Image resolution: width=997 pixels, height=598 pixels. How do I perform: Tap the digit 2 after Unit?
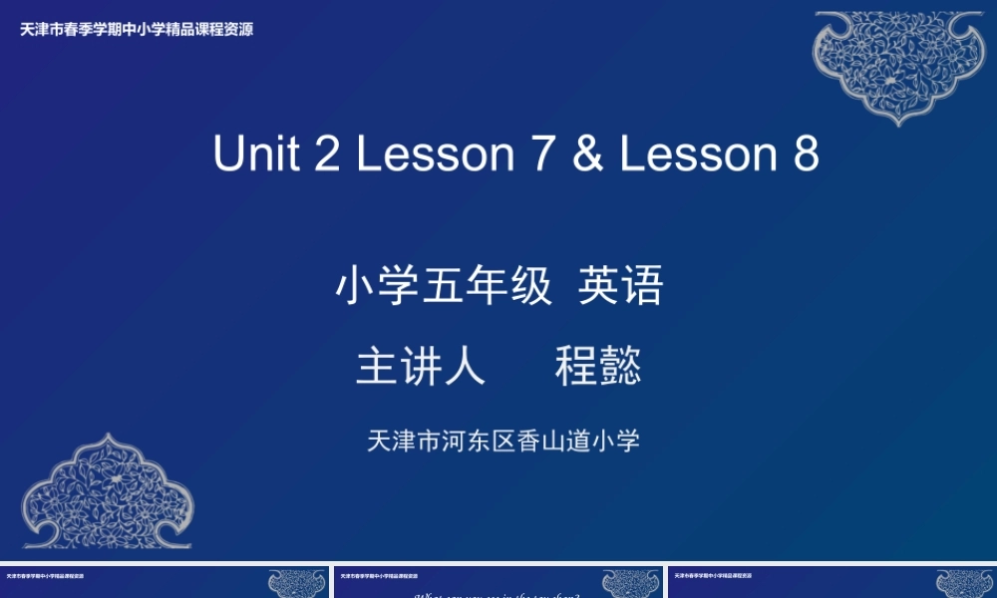point(328,154)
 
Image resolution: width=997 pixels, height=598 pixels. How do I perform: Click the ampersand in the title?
point(588,154)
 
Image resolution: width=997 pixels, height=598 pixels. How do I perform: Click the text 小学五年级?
point(444,287)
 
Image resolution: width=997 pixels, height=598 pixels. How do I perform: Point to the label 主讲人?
point(421,366)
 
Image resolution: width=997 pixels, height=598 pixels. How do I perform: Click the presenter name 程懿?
point(598,366)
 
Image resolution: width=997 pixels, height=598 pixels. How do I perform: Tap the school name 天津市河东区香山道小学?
point(503,441)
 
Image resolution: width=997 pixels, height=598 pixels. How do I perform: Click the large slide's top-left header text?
point(137,30)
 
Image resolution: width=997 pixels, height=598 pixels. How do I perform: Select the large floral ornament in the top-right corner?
point(898,64)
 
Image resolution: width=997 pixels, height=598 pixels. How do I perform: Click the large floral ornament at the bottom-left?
point(107,490)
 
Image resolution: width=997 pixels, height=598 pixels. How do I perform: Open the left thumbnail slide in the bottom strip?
point(164,583)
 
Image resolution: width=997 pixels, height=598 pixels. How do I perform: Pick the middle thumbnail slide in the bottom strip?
point(498,583)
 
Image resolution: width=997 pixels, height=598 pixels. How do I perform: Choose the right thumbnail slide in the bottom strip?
point(831,583)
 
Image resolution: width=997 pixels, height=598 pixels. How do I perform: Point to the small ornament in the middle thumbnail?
point(631,583)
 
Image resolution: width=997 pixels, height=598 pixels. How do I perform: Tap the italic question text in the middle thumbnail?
point(497,595)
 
